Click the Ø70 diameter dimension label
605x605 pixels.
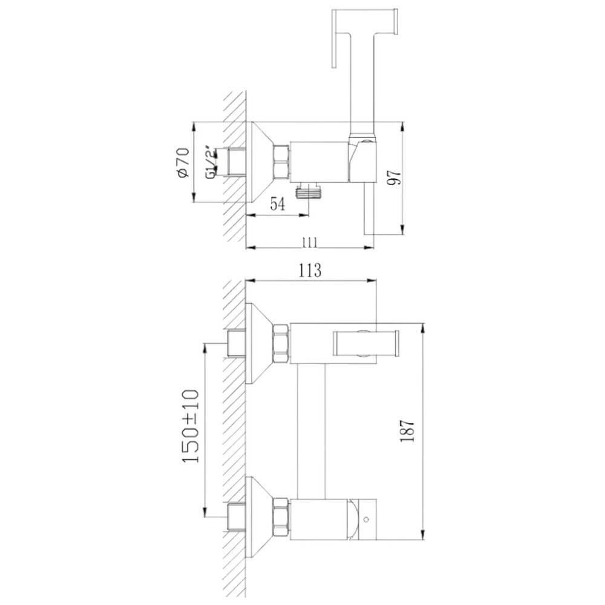pos(184,162)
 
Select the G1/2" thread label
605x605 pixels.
pos(211,162)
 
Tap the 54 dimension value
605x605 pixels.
pos(278,204)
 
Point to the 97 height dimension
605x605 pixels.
pos(394,177)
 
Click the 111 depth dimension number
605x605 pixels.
pos(309,243)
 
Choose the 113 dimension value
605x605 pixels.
pos(310,270)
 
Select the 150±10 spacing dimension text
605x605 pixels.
pos(190,426)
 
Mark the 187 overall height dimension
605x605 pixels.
pos(407,431)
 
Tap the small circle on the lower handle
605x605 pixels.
pos(366,519)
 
